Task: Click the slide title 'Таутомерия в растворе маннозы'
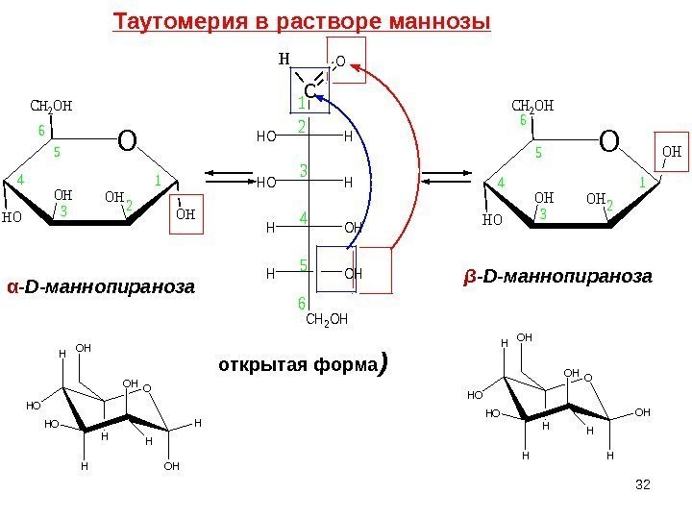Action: tap(302, 21)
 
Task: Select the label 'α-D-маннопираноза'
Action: tap(100, 286)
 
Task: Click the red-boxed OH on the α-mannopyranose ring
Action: tap(186, 213)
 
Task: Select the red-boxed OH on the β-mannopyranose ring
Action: tap(672, 153)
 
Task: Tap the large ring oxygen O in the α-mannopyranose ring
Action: tap(128, 142)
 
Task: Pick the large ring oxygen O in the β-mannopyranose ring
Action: tap(609, 142)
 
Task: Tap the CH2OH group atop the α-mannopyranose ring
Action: tap(52, 106)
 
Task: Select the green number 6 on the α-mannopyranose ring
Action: tap(41, 131)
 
